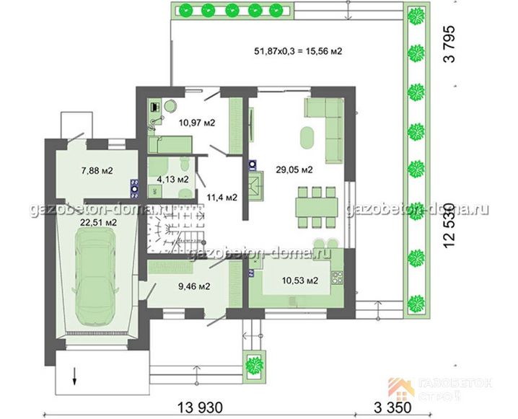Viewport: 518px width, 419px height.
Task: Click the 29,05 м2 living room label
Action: [294, 169]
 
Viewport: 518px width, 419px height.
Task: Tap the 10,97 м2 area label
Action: [197, 123]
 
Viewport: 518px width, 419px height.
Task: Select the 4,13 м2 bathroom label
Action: [172, 180]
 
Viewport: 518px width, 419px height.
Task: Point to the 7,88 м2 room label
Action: [97, 171]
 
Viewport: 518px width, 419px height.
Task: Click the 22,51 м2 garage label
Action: [98, 223]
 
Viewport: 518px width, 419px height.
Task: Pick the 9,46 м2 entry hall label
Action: [194, 286]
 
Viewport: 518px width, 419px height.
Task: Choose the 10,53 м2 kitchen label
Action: [300, 281]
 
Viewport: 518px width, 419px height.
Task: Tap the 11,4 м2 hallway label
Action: [222, 198]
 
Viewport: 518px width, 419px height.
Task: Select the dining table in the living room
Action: [317, 208]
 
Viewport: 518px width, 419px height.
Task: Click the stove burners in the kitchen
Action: [337, 277]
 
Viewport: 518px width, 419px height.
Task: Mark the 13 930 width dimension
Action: [201, 407]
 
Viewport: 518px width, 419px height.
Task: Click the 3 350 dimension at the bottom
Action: [392, 407]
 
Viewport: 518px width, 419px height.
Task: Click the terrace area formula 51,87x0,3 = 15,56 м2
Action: [298, 51]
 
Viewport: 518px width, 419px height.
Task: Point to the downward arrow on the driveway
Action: [74, 376]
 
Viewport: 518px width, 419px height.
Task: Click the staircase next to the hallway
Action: [175, 229]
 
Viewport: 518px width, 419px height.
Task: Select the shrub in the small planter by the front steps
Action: [255, 366]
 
